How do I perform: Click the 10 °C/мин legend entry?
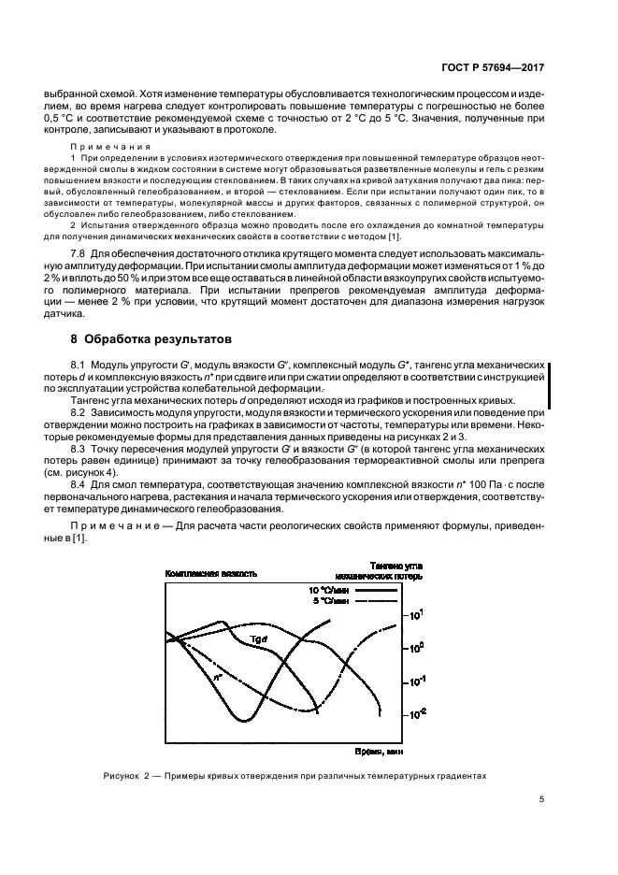point(327,591)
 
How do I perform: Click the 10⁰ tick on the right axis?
point(416,647)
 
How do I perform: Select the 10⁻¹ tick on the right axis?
point(416,680)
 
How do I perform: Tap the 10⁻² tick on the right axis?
point(416,712)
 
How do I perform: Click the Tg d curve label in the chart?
point(259,638)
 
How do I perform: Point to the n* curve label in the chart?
point(217,673)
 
